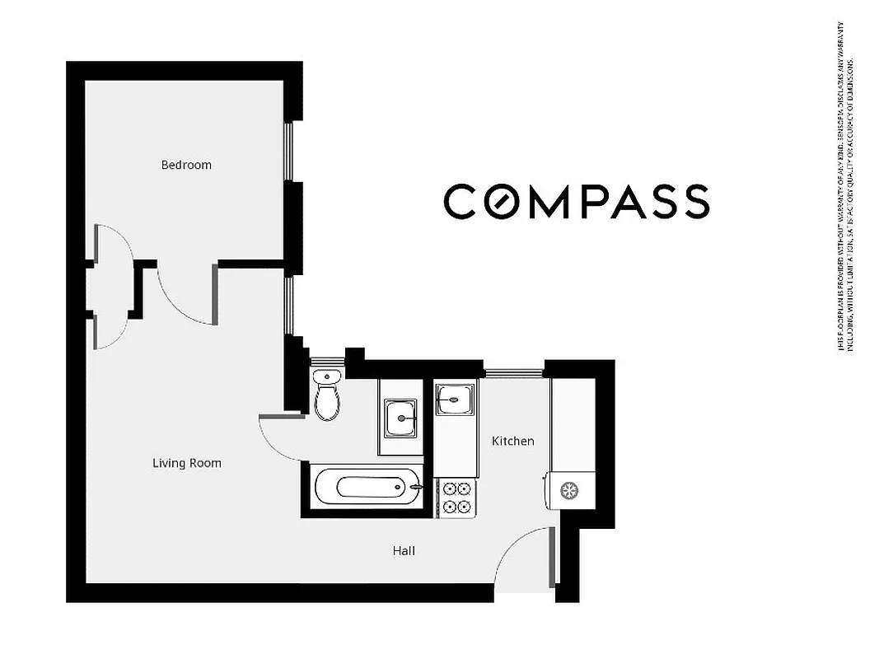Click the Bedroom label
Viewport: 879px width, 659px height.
pos(186,165)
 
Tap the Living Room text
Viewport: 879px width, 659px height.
pos(187,463)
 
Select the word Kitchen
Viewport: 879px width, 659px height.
pos(512,442)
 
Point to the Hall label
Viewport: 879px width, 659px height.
pos(404,550)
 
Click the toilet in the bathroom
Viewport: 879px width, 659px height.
pos(327,396)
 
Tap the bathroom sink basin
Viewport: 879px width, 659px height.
pos(401,415)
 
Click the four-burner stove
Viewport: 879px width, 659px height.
pos(456,498)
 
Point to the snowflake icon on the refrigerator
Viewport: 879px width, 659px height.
pos(568,491)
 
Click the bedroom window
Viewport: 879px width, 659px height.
pos(288,152)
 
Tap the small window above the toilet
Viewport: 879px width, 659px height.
pos(327,361)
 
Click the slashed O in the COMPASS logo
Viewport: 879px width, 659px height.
pos(499,202)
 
